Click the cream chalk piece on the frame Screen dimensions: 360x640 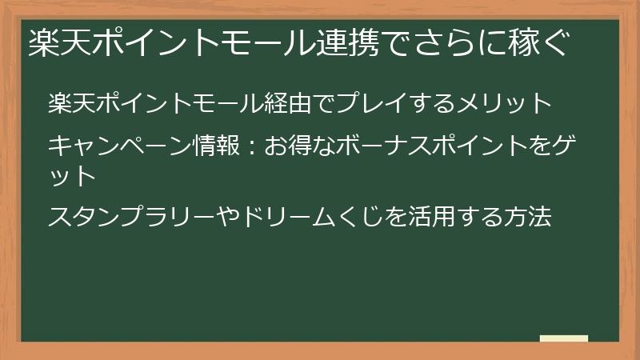coord(564,339)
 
